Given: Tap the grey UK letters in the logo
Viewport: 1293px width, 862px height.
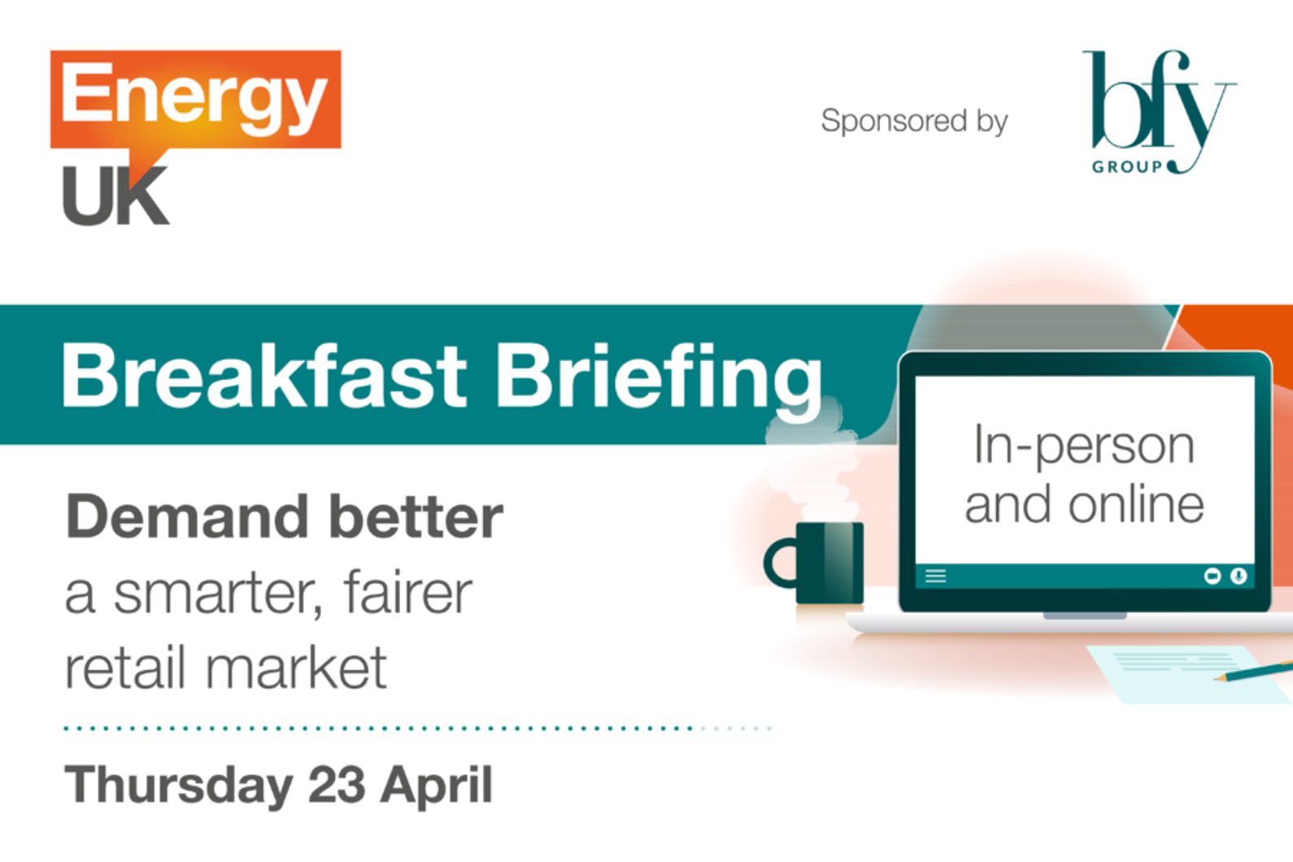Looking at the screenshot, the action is tap(115, 196).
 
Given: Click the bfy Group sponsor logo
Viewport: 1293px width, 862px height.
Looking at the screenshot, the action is tap(1159, 112).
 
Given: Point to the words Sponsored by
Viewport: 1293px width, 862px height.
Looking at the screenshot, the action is tap(914, 120).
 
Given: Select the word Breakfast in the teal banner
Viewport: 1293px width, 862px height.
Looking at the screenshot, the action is tap(263, 376).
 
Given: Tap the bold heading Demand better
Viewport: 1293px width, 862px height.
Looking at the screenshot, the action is tap(285, 516).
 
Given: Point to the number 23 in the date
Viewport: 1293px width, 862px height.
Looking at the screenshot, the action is tap(337, 784).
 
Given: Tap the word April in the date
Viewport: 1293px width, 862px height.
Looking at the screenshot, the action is tap(436, 786).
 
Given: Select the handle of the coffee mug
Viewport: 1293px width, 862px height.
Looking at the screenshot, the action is tap(779, 563).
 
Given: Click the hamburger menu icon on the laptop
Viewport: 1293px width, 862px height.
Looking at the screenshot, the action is tap(936, 576).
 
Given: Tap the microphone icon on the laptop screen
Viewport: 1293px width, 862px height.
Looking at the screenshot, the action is tap(1239, 576).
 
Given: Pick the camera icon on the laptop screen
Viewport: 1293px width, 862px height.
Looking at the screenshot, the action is tap(1212, 576).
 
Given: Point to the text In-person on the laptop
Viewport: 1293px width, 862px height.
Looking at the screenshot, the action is tap(1084, 446).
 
